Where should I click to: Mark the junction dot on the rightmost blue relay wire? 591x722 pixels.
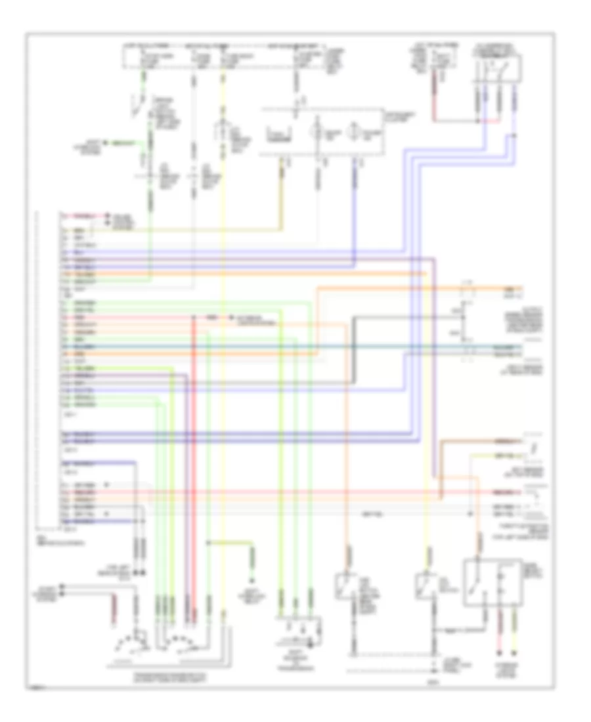pos(514,136)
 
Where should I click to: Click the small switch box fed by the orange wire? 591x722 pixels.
pos(345,586)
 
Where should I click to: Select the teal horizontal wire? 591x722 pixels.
pos(263,346)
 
